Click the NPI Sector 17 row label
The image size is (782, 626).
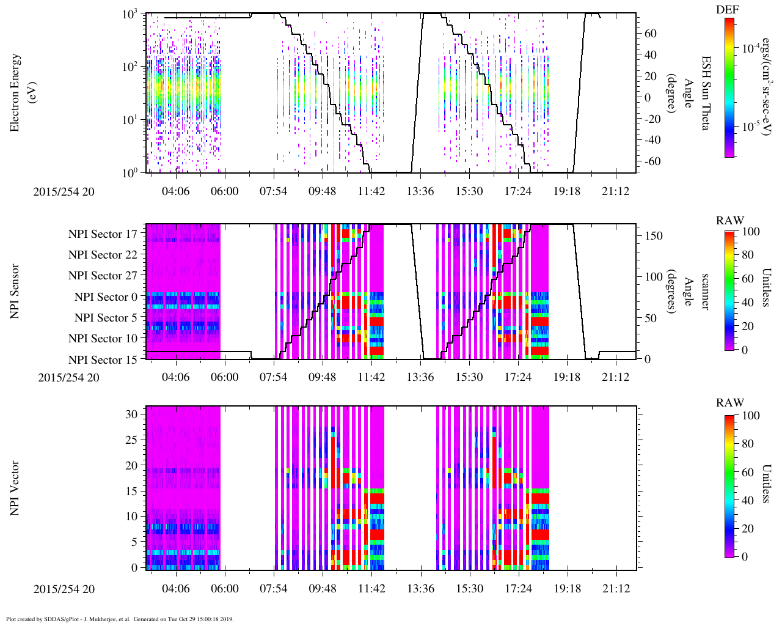103,234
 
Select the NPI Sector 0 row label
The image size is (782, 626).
106,297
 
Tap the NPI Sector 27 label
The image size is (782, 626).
103,276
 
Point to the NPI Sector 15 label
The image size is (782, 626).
103,360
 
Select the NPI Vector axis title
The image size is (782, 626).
15,488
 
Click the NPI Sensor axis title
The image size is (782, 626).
15,291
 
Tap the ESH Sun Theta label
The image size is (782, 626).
706,93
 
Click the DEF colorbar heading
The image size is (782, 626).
727,10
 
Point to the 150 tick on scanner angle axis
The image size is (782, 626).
654,235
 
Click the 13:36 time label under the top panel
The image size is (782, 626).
420,191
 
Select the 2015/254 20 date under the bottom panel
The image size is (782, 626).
64,589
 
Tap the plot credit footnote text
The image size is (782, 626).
120,619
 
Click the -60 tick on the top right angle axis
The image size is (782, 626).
651,161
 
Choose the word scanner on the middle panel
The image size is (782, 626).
706,291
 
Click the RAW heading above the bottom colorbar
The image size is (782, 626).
730,403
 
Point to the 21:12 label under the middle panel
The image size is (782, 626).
616,377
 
